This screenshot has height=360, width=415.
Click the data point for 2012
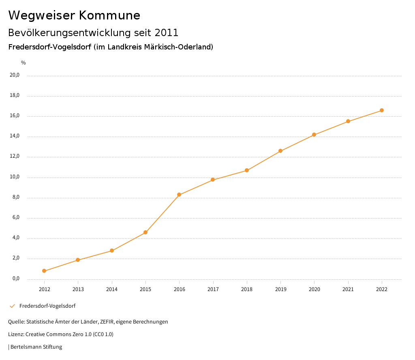[44, 271]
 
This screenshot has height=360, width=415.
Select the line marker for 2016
[179, 195]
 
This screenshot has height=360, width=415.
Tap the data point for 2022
[382, 110]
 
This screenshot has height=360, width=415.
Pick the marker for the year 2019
[280, 151]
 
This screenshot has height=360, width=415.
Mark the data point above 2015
[145, 232]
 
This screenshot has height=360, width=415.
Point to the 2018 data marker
[247, 170]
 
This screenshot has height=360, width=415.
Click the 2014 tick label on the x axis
[112, 289]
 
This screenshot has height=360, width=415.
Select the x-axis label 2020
[314, 289]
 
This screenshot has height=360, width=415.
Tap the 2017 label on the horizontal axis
[213, 289]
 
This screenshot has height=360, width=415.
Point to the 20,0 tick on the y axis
[15, 75]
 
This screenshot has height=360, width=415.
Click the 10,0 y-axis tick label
[15, 177]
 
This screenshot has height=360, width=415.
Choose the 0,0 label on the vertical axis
[16, 279]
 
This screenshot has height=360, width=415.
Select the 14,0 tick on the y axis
[15, 136]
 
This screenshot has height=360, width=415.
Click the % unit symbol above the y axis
[24, 63]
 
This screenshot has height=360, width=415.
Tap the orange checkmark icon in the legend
[12, 306]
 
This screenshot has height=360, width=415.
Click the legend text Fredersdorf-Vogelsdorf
[47, 306]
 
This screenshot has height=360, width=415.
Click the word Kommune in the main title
[109, 15]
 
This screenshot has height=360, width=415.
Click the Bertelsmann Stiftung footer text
[36, 347]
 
